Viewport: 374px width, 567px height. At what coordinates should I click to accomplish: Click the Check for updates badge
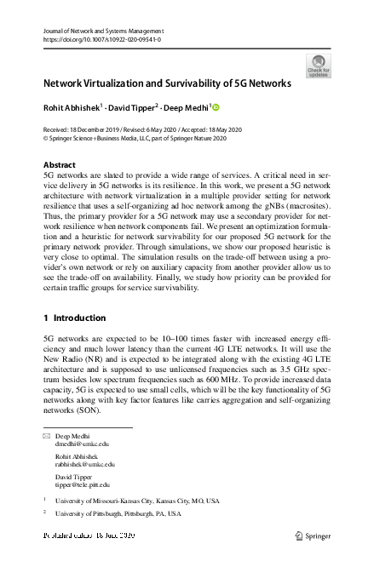[319, 65]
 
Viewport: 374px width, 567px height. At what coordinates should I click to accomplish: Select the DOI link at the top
[101, 39]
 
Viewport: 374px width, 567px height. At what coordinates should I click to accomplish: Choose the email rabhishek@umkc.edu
[84, 464]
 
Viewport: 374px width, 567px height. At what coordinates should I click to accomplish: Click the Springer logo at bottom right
[313, 536]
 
